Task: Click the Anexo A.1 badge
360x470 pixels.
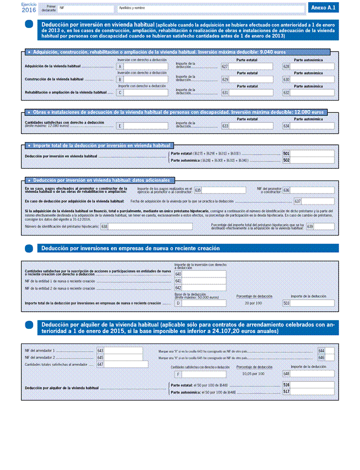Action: (x=324, y=7)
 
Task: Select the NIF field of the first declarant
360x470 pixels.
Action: (x=85, y=8)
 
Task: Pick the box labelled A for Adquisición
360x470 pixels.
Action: (x=145, y=66)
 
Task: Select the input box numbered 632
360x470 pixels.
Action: (x=312, y=92)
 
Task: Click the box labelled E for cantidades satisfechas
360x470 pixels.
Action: (x=145, y=126)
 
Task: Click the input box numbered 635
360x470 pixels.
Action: (x=224, y=190)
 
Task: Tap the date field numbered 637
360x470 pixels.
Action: (x=318, y=201)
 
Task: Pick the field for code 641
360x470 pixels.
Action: (x=203, y=281)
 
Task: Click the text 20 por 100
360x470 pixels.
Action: (x=253, y=302)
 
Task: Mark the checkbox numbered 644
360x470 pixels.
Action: (x=329, y=351)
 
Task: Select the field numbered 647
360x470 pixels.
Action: (x=123, y=364)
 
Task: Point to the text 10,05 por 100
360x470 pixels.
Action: (x=253, y=374)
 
